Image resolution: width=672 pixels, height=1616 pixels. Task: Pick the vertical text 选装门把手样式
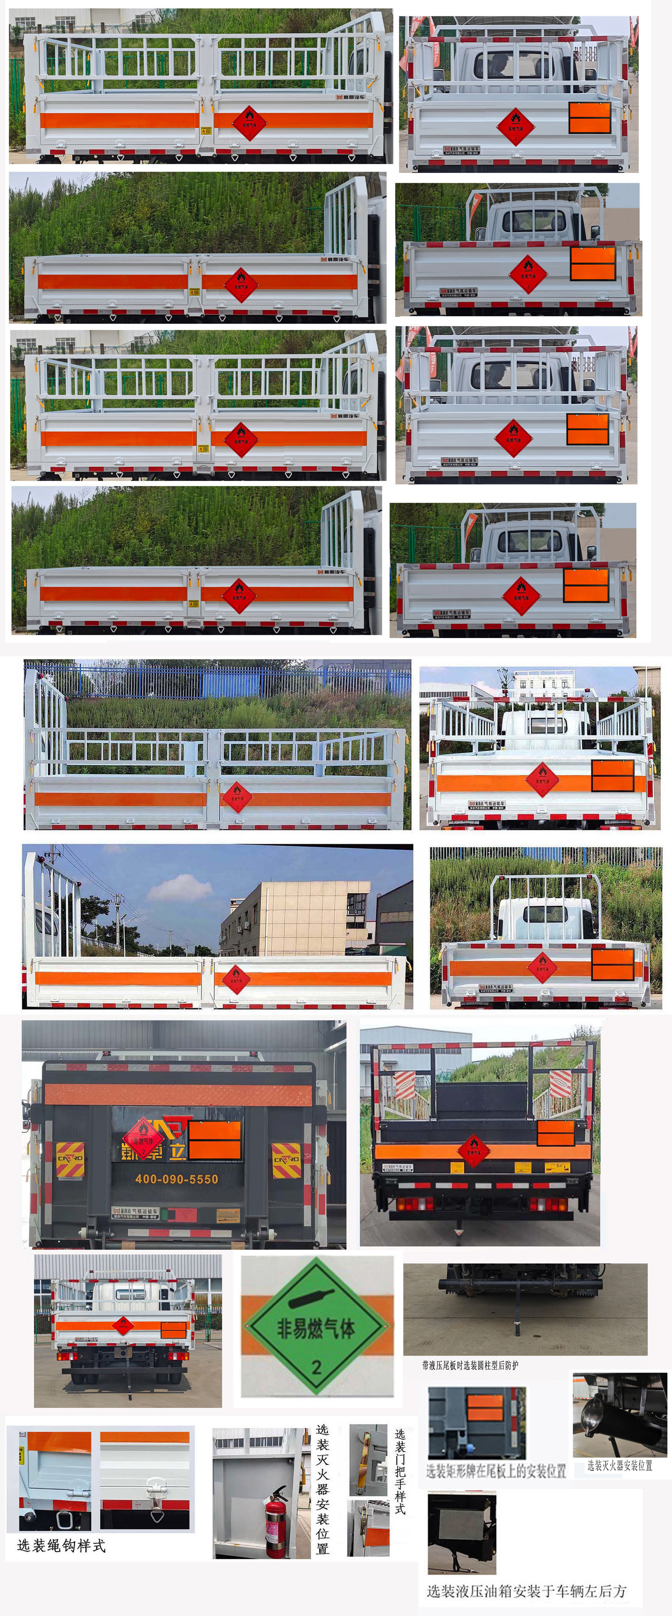coord(400,1471)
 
